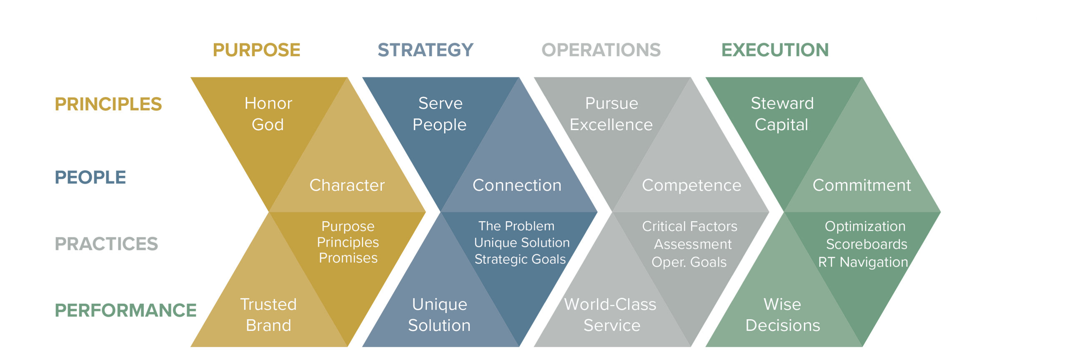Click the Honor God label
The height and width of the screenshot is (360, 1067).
tap(268, 114)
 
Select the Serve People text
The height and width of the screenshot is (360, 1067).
tap(440, 114)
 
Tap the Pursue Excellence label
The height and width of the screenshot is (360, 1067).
tap(611, 114)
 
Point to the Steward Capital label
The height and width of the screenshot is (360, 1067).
tap(782, 114)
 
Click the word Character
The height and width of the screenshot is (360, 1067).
tap(347, 185)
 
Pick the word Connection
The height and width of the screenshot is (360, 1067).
tap(517, 185)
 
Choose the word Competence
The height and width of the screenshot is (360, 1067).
tap(691, 185)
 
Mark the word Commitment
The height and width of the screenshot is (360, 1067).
tap(862, 185)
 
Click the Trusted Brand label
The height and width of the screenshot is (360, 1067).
tap(268, 315)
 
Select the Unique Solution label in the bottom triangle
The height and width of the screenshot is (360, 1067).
tap(439, 315)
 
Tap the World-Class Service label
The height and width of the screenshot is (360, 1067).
tap(611, 315)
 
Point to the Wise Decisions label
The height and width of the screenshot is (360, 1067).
tap(782, 315)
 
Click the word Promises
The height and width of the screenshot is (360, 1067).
tap(348, 258)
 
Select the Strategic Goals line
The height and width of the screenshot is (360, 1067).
tap(520, 259)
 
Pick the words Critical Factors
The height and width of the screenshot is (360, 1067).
tap(689, 226)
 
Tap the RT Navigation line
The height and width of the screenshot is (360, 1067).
tap(863, 262)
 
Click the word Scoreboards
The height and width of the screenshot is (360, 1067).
tap(867, 244)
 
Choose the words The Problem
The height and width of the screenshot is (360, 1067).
tap(516, 226)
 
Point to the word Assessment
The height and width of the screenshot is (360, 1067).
tap(693, 244)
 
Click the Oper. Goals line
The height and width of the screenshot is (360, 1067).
tap(689, 262)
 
